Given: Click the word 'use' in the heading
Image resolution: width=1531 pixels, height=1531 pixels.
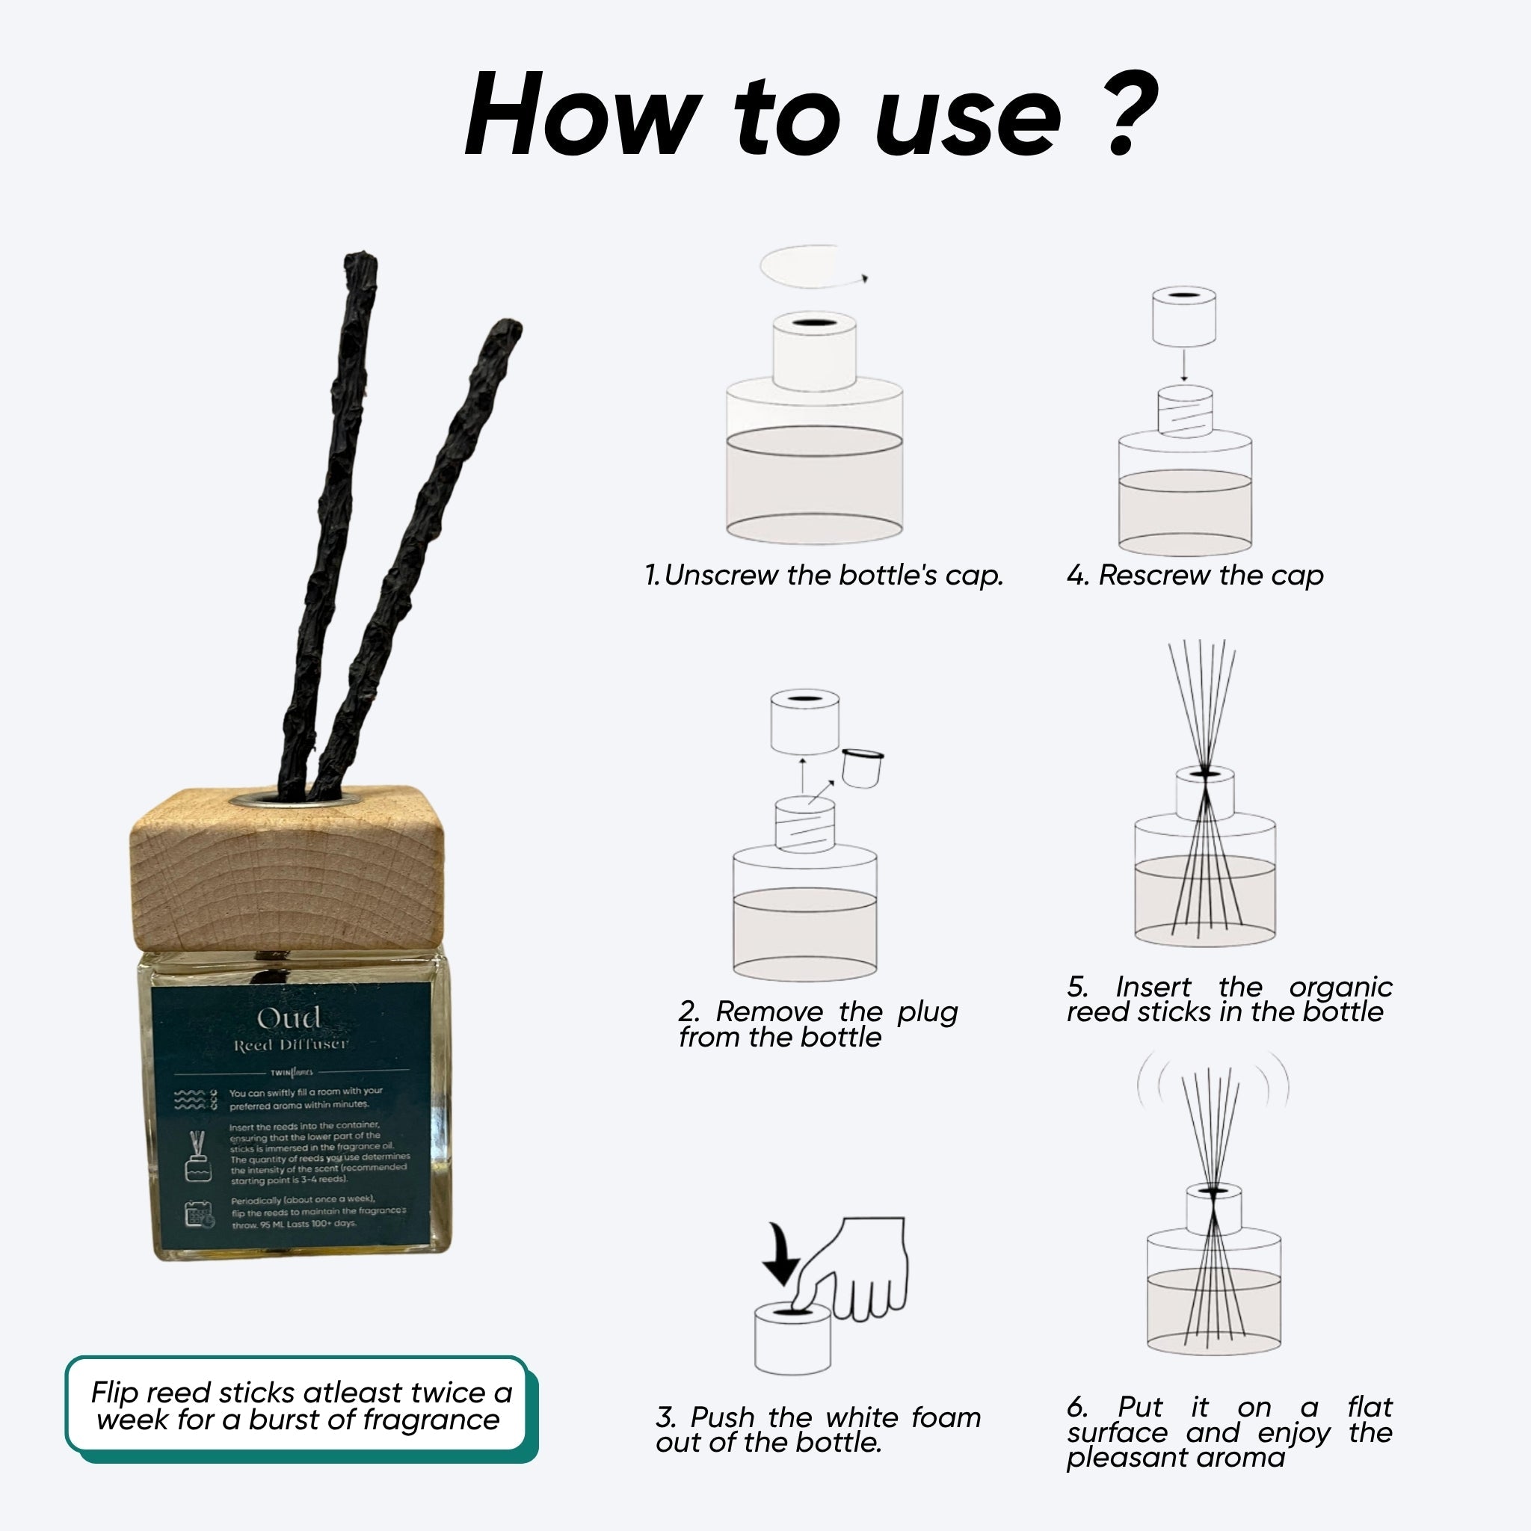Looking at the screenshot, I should point(967,119).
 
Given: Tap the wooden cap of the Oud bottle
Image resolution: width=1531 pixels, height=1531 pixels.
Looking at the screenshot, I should point(287,872).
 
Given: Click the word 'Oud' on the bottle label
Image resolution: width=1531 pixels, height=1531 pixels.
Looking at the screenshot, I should point(289,1018).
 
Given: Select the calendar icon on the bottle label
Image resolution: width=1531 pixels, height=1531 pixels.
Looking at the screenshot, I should point(199,1214).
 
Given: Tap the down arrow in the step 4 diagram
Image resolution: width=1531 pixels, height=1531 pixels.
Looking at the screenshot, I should point(1184,366).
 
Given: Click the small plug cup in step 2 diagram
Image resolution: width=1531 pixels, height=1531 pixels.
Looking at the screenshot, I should point(861,768).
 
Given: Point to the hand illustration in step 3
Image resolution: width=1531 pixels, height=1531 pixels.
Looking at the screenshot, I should point(860,1268).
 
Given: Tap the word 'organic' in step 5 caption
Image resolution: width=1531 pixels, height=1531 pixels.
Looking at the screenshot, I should point(1340,988).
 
